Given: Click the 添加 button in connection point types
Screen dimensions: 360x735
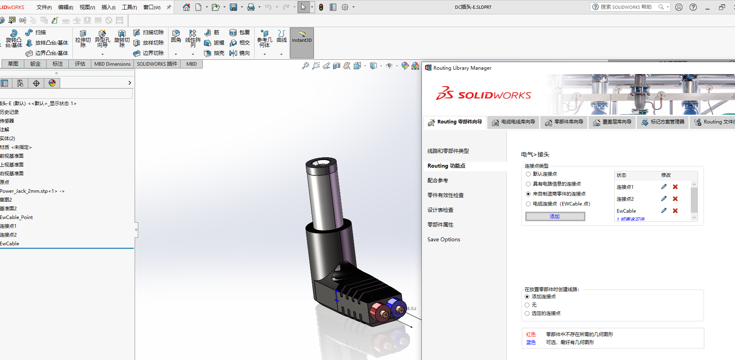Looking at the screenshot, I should click(555, 216).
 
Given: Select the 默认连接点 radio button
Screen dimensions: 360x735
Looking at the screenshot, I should click(528, 174).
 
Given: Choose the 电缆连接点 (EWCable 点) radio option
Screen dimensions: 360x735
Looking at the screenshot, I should click(528, 204).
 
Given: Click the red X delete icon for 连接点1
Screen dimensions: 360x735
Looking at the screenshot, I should click(675, 187).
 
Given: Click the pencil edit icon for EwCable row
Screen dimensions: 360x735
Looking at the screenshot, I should click(664, 211).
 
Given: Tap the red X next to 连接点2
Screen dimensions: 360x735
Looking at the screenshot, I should click(675, 199).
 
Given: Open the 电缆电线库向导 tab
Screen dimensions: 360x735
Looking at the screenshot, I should click(514, 122).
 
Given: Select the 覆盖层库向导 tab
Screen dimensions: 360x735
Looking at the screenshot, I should click(612, 122).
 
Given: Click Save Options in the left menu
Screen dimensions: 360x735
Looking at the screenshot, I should click(444, 239).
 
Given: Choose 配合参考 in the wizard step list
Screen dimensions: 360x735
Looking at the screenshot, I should click(438, 180).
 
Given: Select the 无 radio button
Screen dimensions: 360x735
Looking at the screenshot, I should click(527, 305).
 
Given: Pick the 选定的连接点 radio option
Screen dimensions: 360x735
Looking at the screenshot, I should click(527, 313).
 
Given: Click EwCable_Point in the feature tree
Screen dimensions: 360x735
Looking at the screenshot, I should click(17, 217).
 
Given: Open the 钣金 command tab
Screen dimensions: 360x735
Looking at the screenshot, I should click(35, 64).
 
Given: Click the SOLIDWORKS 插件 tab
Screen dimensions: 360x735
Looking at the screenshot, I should click(157, 64).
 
